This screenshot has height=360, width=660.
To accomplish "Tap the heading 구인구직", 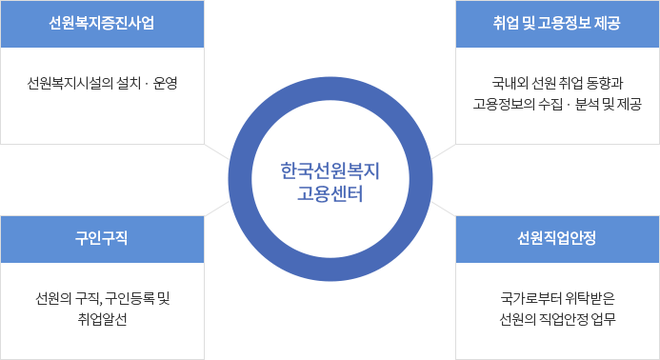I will (x=102, y=238).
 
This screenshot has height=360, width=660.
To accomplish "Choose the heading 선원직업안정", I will (x=557, y=238).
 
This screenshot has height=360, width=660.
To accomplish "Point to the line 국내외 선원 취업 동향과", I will (x=557, y=83).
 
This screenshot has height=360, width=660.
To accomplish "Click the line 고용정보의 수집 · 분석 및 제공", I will (x=557, y=103).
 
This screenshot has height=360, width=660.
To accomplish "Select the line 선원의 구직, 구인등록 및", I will (x=102, y=298).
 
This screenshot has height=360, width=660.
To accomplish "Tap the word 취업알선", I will (x=102, y=318).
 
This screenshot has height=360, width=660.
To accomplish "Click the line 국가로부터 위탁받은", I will (x=557, y=298).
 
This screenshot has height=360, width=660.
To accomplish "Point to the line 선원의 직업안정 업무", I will (x=557, y=318).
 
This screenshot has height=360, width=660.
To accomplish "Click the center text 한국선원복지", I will (x=330, y=170).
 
